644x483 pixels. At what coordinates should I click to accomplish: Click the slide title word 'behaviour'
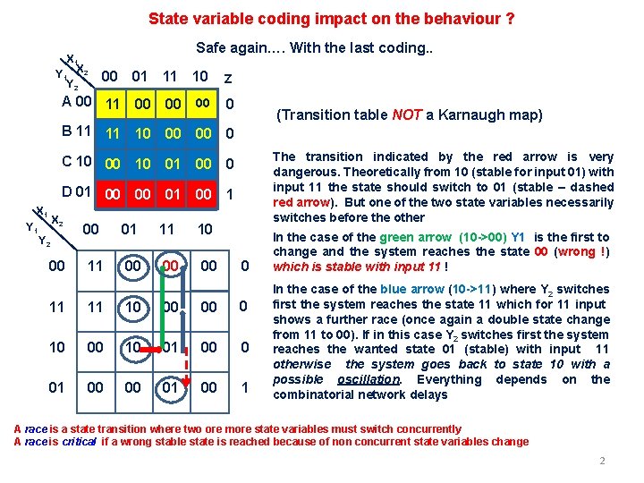(x=464, y=19)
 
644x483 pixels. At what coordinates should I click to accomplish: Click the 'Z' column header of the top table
(x=229, y=79)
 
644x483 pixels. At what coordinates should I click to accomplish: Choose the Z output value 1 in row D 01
(x=230, y=194)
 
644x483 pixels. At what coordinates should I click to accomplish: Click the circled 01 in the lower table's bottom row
(x=170, y=387)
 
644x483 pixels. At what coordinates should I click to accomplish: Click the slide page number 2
(x=602, y=461)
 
